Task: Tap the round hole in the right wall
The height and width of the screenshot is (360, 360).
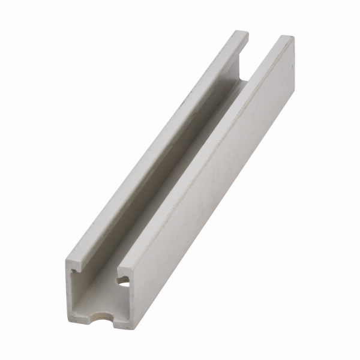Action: click(x=124, y=280)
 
